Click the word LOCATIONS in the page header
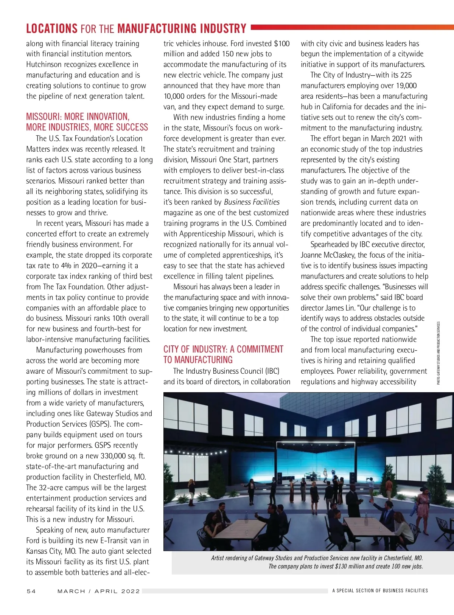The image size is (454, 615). pos(51,29)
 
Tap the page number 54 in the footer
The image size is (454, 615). pos(31,591)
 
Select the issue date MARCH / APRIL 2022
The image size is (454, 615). pos(98,591)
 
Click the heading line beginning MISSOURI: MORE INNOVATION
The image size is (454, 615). pos(78,116)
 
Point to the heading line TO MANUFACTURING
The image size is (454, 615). pos(198,360)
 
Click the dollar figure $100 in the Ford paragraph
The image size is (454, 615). pos(281,43)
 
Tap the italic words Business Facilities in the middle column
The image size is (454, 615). pos(252,202)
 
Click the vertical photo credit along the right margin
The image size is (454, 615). pos(438,353)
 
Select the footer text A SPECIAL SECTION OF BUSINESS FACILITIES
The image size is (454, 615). pos(380,590)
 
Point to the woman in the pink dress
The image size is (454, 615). pos(423,503)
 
